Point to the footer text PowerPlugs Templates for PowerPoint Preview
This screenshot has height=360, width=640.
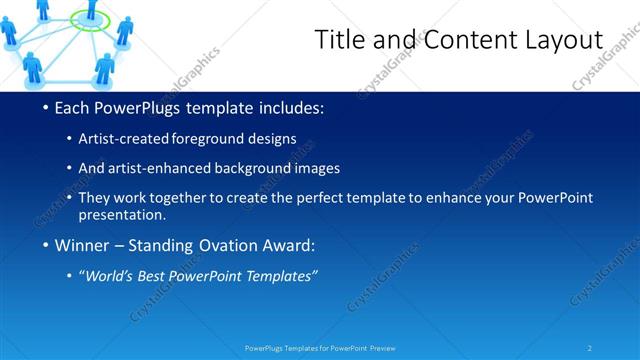click(x=320, y=348)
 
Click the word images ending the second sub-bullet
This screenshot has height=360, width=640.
click(x=317, y=168)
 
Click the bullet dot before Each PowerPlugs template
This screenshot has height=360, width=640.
click(x=47, y=108)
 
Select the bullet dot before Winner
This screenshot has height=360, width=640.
click(x=47, y=245)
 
